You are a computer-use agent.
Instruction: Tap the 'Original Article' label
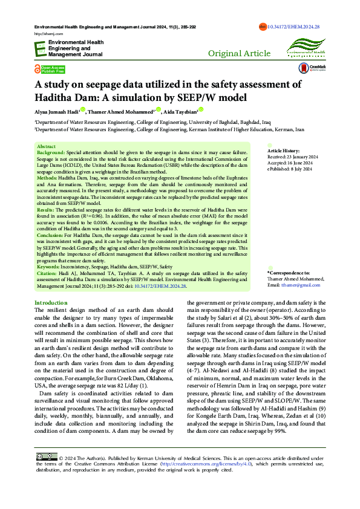[x=239, y=53]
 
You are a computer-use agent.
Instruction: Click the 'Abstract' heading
[x=46, y=147]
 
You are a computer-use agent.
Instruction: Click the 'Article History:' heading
[x=284, y=150]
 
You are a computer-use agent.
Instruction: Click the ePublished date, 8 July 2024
[x=290, y=168]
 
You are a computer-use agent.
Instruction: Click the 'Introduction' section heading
[x=51, y=302]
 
